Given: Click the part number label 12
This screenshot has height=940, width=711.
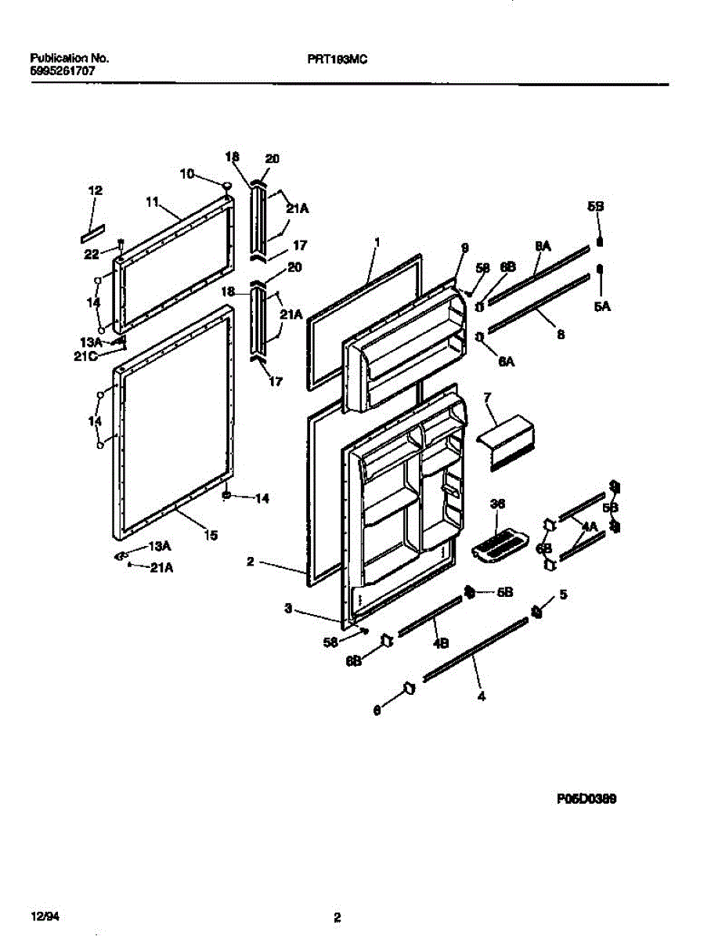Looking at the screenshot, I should (x=95, y=190).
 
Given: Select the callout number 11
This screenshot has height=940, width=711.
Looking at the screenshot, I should (x=153, y=201).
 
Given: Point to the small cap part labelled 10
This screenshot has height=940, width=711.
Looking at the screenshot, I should (x=226, y=186).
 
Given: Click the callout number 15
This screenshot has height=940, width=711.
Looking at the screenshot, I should (x=211, y=535).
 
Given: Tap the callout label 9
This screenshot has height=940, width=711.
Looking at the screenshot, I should (x=464, y=248).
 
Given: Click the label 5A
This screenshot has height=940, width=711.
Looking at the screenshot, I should (x=601, y=307).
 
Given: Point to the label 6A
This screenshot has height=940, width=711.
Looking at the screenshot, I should (x=506, y=361).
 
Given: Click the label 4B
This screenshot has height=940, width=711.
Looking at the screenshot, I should (x=441, y=644).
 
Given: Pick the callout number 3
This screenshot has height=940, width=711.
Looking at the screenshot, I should (x=288, y=608).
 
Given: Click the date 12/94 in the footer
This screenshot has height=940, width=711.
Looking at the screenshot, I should (x=44, y=916).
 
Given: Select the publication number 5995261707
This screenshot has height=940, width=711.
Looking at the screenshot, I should (x=64, y=70).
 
